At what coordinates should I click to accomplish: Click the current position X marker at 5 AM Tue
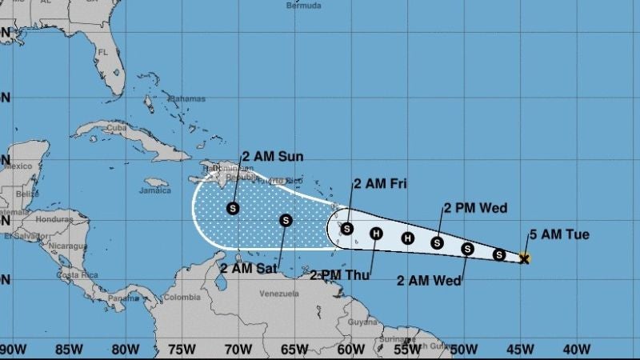click(525, 258)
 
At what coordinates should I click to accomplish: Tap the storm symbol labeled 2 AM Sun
click(233, 208)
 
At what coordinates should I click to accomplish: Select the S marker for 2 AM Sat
click(286, 220)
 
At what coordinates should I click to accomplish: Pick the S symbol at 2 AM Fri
click(346, 228)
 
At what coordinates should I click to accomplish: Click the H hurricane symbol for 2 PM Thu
click(377, 234)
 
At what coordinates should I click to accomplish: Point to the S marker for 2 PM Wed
click(437, 242)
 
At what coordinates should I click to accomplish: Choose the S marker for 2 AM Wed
click(467, 249)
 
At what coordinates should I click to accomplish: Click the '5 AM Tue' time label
click(559, 235)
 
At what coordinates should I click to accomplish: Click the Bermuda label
click(304, 6)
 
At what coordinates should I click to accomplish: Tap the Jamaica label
click(155, 191)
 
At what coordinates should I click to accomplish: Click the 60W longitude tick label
click(347, 350)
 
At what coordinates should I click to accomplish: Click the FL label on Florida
click(102, 53)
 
